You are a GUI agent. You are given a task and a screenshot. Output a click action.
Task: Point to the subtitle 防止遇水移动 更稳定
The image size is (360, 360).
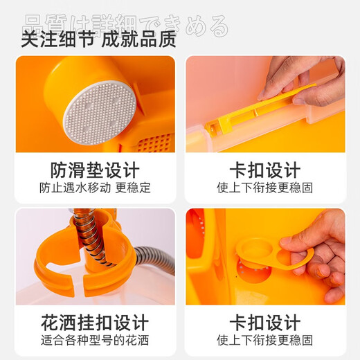(95, 188)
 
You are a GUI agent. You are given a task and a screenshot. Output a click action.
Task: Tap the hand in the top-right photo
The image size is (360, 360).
(305, 80)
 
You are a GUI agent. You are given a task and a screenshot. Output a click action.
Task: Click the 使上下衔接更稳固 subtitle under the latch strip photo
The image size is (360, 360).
(265, 188)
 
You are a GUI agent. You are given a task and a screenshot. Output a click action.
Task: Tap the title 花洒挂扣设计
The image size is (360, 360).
(95, 323)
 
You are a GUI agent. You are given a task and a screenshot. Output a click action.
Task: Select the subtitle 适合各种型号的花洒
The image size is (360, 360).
(95, 340)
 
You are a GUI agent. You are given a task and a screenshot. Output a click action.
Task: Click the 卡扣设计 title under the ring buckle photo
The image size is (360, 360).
(265, 323)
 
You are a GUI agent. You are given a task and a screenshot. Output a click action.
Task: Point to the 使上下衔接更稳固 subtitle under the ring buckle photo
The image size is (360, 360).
(265, 340)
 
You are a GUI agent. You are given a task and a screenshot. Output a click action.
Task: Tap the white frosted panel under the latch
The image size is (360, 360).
(277, 138)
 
